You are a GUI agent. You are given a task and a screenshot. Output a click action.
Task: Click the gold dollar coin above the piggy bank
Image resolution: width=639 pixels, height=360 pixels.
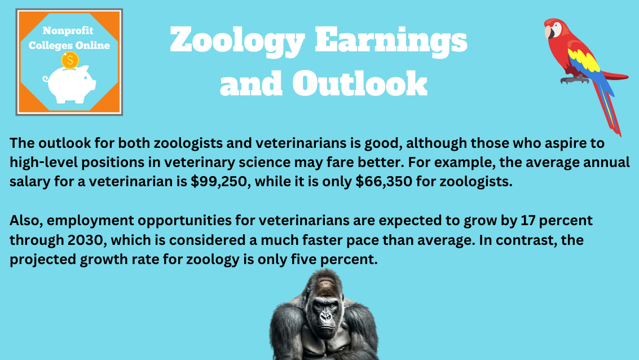tap(69, 60)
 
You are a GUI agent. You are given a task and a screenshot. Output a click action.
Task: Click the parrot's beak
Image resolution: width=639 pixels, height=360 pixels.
tap(549, 33)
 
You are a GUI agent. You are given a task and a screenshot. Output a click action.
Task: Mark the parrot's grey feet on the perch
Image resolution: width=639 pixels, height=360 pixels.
tap(574, 80)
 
